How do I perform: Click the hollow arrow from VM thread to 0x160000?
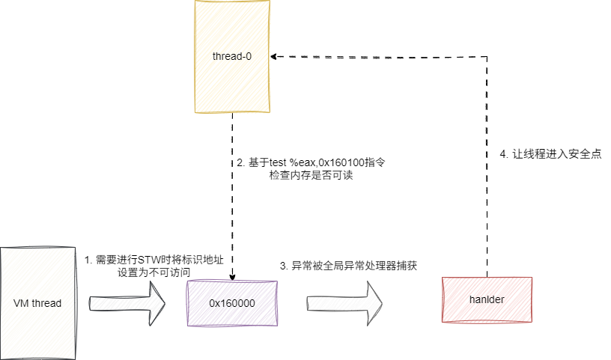click(x=127, y=304)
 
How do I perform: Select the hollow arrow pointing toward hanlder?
click(x=344, y=304)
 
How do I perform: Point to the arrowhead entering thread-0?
click(x=276, y=56)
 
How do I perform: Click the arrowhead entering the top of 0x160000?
click(x=232, y=277)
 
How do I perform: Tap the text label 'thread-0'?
click(x=231, y=57)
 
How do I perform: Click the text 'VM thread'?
click(x=37, y=303)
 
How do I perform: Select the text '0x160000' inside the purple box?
click(x=231, y=304)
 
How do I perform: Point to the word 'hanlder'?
click(x=487, y=300)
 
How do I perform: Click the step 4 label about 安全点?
click(x=550, y=153)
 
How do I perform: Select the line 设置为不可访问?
click(x=149, y=273)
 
